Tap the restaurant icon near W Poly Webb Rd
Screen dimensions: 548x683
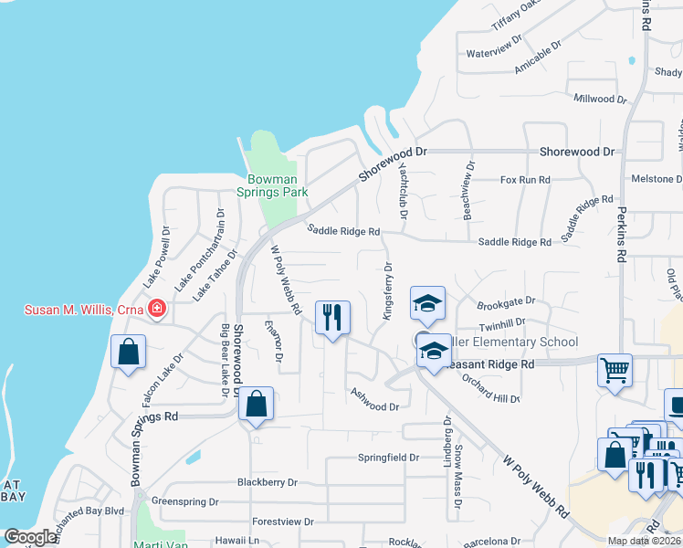tap(331, 318)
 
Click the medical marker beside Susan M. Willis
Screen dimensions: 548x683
tap(157, 309)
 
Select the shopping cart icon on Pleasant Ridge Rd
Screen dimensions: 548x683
tap(615, 371)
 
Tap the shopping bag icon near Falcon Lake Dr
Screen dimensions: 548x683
tap(129, 352)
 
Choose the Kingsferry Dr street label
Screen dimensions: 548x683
tap(387, 290)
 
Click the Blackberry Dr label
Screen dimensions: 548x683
tap(267, 482)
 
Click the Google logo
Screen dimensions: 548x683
tap(30, 537)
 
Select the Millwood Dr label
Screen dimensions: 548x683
tap(600, 98)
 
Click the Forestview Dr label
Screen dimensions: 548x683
tap(283, 522)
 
